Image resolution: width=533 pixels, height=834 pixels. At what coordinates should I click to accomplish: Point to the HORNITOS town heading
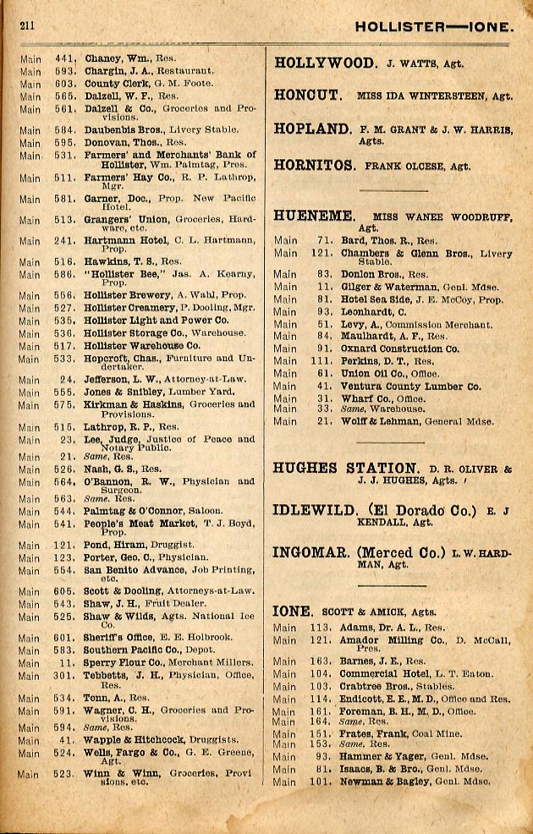click(313, 166)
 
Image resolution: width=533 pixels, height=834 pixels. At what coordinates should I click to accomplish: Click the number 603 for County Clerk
click(67, 85)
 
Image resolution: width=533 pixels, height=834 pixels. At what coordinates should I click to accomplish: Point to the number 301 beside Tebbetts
click(67, 676)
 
